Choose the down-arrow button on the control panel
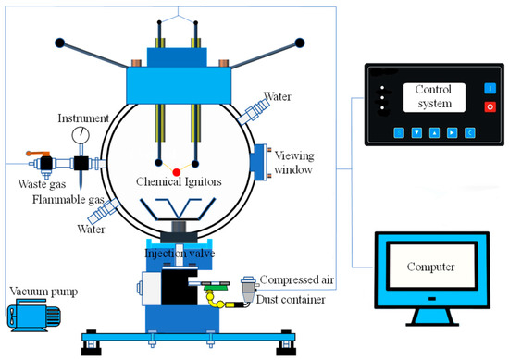click(416, 131)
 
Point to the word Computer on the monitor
click(433, 267)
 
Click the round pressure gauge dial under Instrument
click(81, 136)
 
